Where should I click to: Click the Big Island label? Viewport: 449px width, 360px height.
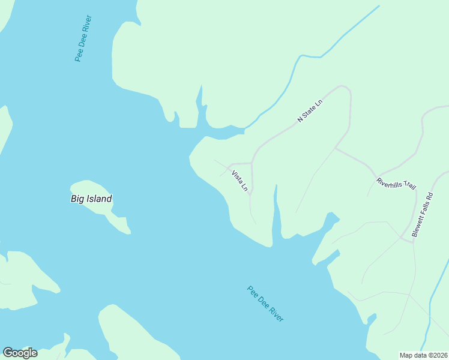tap(91, 199)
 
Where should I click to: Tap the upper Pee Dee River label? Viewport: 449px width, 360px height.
tap(83, 43)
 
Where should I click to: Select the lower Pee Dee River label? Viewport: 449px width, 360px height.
tap(265, 304)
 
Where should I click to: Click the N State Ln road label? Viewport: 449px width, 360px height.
tap(310, 112)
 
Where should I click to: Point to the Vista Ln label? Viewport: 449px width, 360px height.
tap(240, 182)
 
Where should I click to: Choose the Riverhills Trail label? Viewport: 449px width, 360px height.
tap(396, 184)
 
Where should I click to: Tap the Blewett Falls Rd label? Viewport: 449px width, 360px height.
tap(422, 215)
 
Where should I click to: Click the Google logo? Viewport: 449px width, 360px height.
tap(20, 353)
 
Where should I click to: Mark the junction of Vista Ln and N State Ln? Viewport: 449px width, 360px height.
tap(252, 163)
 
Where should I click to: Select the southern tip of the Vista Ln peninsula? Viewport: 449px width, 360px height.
tap(267, 245)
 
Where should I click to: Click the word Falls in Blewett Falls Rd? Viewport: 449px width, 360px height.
tap(422, 215)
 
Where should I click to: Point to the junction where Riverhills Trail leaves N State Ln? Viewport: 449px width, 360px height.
tap(335, 148)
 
